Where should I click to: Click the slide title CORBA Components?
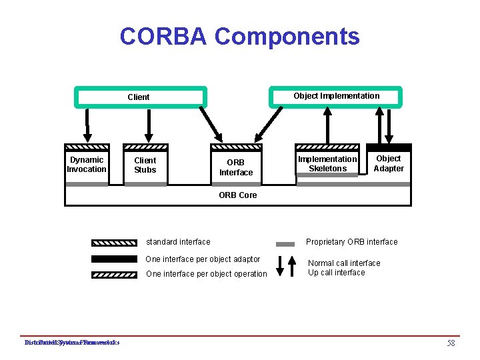pyautogui.click(x=239, y=36)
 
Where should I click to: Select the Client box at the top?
pyautogui.click(x=139, y=97)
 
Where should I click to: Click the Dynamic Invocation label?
pyautogui.click(x=87, y=165)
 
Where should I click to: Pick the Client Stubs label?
pyautogui.click(x=145, y=165)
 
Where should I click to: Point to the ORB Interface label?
pyautogui.click(x=236, y=167)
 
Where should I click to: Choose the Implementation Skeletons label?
pyautogui.click(x=327, y=164)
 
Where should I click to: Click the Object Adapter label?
pyautogui.click(x=389, y=163)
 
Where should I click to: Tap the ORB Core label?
pyautogui.click(x=238, y=195)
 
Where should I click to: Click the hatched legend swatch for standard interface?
pyautogui.click(x=114, y=243)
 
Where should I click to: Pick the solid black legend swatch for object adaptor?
pyautogui.click(x=114, y=259)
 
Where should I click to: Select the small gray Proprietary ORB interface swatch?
pyautogui.click(x=285, y=244)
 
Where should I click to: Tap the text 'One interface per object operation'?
pyautogui.click(x=206, y=274)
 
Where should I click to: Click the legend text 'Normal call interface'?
pyautogui.click(x=344, y=263)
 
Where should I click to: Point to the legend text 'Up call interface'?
pyautogui.click(x=337, y=273)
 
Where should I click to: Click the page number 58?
pyautogui.click(x=451, y=343)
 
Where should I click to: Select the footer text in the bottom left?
pyautogui.click(x=71, y=343)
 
